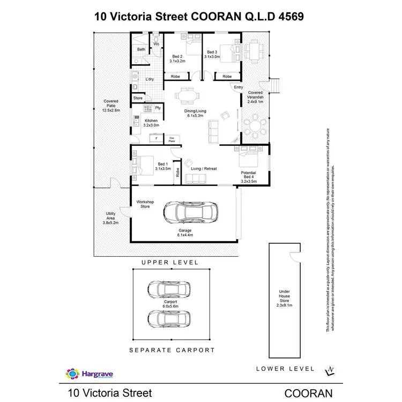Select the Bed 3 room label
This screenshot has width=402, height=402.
(x=213, y=54)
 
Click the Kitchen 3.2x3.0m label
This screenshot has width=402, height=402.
(x=151, y=123)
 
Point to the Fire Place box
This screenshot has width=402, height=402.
(x=172, y=139)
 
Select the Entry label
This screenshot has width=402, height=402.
(x=239, y=87)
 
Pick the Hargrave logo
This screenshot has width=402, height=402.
(x=88, y=374)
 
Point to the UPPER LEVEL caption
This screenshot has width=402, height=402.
(x=169, y=263)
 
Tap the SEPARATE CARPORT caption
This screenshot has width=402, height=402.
(x=172, y=350)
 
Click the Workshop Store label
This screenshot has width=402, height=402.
(x=145, y=204)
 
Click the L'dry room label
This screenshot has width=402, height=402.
(x=150, y=79)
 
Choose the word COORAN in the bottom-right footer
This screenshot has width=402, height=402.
(x=308, y=393)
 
